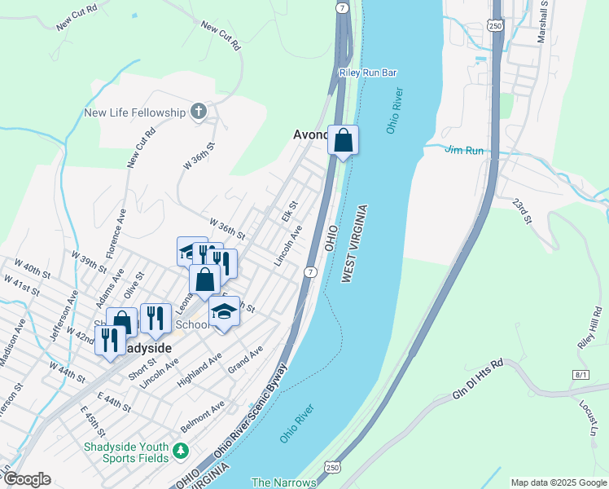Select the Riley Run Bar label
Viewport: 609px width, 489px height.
pyautogui.click(x=368, y=73)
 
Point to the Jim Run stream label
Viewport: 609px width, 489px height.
pyautogui.click(x=464, y=150)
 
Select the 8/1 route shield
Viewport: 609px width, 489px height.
pyautogui.click(x=581, y=374)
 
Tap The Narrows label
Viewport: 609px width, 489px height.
pyautogui.click(x=283, y=482)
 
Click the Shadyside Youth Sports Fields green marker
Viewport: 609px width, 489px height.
pyautogui.click(x=181, y=451)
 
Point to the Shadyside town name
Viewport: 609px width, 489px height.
pyautogui.click(x=140, y=348)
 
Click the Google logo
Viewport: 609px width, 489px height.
pyautogui.click(x=26, y=479)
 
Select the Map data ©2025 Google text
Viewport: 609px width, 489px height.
pyautogui.click(x=559, y=482)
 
